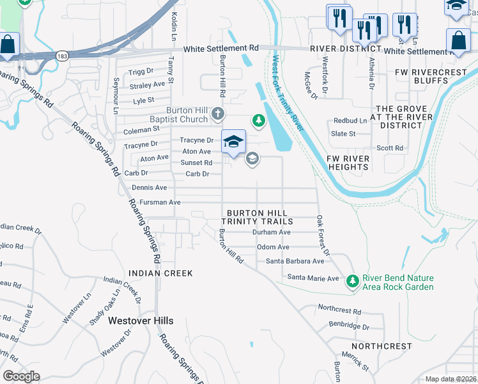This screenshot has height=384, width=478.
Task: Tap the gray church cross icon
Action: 218,115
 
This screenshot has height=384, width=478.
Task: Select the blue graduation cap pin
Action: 234,141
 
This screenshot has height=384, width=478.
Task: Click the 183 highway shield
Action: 61,55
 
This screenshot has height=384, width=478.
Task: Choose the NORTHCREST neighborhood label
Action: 382,346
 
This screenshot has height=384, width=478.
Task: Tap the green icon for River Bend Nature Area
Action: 352,281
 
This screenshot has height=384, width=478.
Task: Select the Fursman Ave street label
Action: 160,202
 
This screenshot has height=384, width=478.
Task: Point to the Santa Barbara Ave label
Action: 295,261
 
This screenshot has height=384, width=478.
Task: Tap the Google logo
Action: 21,376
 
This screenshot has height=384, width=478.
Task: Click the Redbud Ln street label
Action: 351,121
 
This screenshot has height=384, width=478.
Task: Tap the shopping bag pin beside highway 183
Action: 8,45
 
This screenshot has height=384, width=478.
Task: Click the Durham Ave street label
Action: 272,232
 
